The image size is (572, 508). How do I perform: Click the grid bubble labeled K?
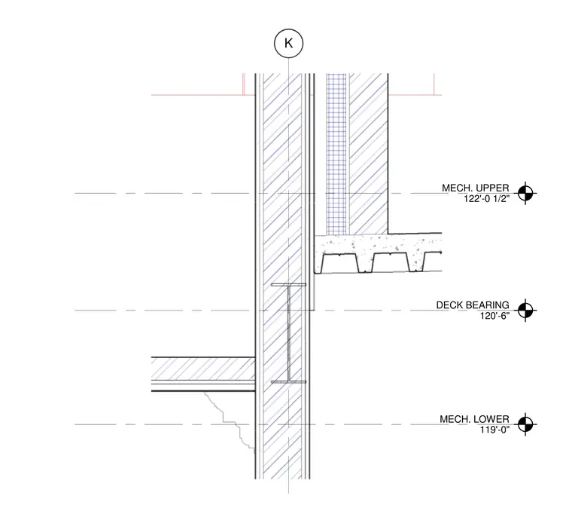(288, 44)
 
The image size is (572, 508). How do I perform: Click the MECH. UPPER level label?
(476, 188)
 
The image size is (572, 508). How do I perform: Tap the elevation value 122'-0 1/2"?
(486, 199)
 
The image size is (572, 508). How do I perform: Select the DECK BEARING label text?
(473, 305)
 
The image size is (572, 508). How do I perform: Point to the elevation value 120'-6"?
(494, 316)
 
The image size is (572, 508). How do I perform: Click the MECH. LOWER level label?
(474, 419)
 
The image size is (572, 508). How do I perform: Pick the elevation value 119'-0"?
(494, 430)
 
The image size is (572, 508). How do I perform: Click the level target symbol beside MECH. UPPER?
(525, 193)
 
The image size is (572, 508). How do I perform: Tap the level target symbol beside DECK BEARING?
(525, 311)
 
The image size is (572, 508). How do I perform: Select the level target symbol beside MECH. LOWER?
(525, 424)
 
